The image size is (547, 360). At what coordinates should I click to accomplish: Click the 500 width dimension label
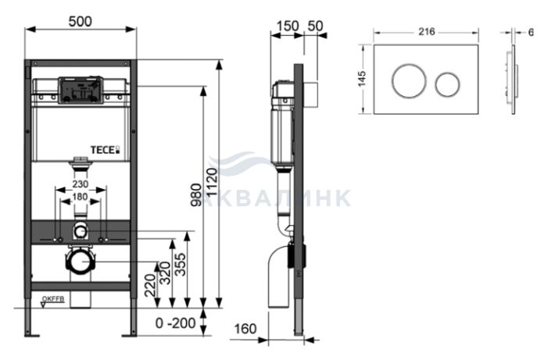(x=80, y=21)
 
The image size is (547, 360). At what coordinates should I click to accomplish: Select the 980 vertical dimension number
(x=196, y=195)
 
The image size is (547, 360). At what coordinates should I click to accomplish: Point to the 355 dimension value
(x=181, y=264)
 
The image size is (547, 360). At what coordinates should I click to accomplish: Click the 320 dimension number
(x=165, y=273)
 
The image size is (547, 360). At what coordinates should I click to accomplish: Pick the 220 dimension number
(x=150, y=285)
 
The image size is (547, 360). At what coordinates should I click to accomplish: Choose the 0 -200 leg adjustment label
(x=176, y=323)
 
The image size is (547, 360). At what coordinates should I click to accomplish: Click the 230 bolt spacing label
(x=80, y=184)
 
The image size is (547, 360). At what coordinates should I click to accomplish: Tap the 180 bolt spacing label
(x=80, y=197)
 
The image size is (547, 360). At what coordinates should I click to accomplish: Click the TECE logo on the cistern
(x=105, y=150)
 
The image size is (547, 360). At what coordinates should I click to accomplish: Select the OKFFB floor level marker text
(x=53, y=299)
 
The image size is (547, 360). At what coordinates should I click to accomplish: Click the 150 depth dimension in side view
(x=288, y=26)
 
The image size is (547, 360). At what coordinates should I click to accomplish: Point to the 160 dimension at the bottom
(x=245, y=329)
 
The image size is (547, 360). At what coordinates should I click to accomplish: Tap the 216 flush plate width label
(x=427, y=32)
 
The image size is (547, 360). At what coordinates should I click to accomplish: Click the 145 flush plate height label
(x=363, y=79)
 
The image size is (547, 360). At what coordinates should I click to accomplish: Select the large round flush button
(x=409, y=81)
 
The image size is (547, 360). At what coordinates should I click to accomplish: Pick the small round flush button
(x=447, y=84)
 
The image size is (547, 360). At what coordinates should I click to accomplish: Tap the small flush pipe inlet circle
(x=80, y=231)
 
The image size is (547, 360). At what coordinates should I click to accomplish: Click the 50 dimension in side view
(x=316, y=26)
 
